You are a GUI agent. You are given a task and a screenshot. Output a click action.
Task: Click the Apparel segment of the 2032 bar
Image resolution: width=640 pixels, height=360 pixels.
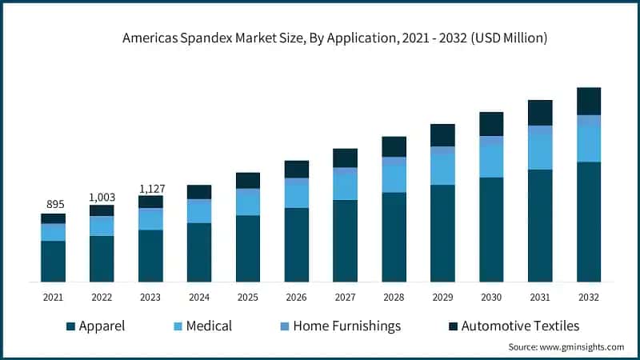[589, 222]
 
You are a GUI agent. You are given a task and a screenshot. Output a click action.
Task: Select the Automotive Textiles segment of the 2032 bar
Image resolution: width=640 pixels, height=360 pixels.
[589, 101]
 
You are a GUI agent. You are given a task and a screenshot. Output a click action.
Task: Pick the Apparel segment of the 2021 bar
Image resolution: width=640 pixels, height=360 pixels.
[54, 261]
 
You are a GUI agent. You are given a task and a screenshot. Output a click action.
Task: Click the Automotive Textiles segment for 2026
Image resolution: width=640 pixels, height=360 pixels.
[297, 169]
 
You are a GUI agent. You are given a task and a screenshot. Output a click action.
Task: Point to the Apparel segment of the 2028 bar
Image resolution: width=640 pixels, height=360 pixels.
[394, 237]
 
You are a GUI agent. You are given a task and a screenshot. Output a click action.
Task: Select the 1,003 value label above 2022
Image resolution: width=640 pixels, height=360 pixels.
[102, 197]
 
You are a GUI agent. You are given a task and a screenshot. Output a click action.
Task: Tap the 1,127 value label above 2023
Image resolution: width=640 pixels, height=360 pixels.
[150, 188]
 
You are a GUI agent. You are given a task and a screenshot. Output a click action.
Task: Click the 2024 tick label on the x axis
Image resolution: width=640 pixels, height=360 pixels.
[199, 297]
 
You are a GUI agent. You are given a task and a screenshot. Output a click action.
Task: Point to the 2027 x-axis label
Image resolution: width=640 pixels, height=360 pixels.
[345, 297]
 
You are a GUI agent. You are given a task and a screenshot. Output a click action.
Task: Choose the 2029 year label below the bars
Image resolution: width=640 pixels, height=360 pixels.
[442, 297]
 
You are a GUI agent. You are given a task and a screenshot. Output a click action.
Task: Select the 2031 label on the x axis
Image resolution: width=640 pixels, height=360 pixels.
[540, 297]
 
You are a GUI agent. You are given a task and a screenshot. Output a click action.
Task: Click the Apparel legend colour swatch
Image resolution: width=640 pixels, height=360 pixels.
[70, 326]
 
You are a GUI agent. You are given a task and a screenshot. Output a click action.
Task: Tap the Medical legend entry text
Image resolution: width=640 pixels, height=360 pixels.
[209, 326]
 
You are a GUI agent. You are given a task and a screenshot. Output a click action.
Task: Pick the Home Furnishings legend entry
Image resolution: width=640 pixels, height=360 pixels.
[346, 326]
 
